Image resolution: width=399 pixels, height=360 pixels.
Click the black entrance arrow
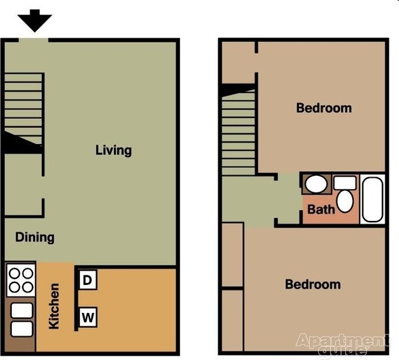coord(34,21)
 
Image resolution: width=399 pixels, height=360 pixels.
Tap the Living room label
coord(113,150)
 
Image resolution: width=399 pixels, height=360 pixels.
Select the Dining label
coord(34,237)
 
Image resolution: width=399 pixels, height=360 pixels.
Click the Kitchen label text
coord(54,306)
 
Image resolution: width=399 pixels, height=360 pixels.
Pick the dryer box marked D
coord(88,280)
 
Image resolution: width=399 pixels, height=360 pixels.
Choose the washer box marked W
coord(88,318)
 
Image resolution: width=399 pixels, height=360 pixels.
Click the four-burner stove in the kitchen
coord(21,280)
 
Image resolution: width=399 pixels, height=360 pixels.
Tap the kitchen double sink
coord(21,319)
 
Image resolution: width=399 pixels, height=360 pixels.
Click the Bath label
coord(320,210)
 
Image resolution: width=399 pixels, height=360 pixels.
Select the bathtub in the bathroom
coord(372,199)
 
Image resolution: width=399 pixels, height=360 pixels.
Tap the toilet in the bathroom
coord(345,196)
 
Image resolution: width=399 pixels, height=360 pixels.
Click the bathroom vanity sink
coord(316,184)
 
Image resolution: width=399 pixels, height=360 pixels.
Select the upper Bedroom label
coord(323,108)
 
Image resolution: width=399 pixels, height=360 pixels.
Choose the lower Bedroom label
coord(313,284)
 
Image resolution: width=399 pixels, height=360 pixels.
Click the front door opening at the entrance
coord(33,40)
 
